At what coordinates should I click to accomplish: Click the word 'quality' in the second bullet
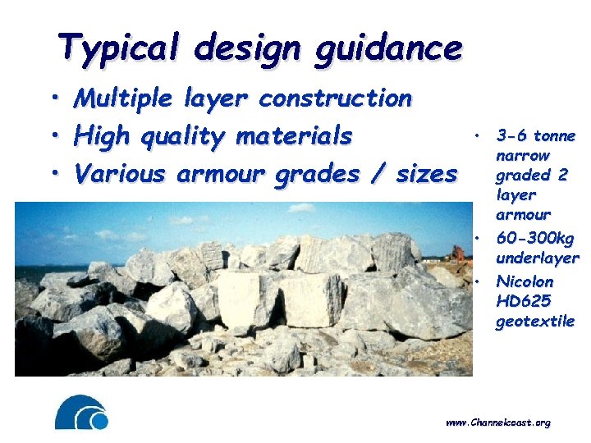point(186,136)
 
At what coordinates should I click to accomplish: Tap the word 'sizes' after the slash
point(424,173)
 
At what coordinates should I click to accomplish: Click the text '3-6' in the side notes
point(511,136)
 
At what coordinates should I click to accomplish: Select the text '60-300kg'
point(535,238)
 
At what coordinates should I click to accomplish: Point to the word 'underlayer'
point(537,258)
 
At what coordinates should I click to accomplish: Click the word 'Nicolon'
point(525,281)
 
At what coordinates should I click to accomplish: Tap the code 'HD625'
point(523,301)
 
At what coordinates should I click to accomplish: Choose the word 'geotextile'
point(534,321)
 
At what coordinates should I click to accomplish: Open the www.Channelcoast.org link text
point(497,422)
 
